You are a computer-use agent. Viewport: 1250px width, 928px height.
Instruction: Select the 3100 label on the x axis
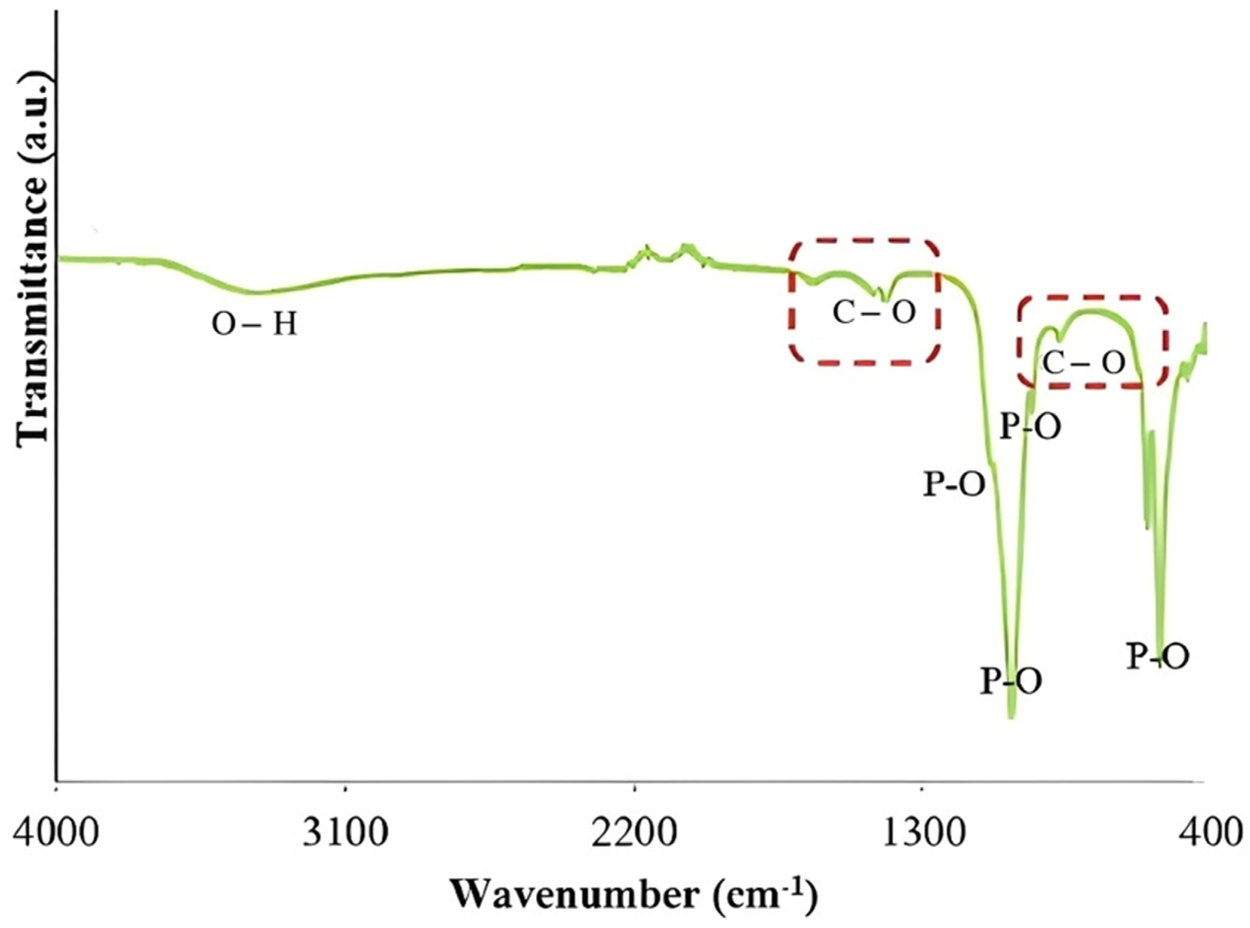pos(345,833)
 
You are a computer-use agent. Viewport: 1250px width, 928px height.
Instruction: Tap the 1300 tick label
pos(924,833)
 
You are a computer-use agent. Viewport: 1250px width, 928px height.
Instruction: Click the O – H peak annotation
pos(254,325)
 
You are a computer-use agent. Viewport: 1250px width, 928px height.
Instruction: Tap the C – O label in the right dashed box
pos(1084,363)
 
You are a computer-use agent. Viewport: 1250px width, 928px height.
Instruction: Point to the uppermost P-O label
pos(1031,428)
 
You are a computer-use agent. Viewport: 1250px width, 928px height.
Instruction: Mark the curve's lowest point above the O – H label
pos(256,292)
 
